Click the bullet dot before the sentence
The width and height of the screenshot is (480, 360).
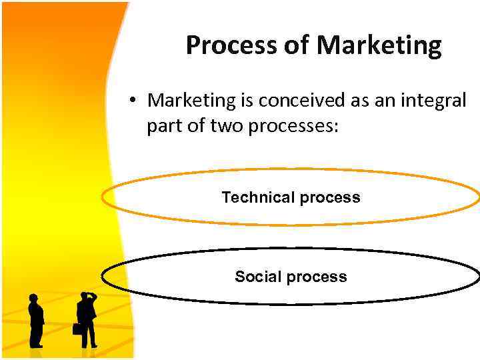[x=133, y=101]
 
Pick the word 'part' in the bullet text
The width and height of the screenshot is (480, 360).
[x=164, y=125]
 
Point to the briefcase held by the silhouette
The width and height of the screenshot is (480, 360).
[x=77, y=329]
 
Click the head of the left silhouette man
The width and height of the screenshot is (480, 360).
[x=34, y=298]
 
